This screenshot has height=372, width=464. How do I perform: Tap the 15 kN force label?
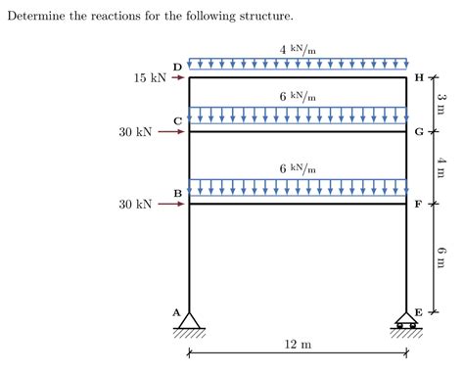click(x=150, y=77)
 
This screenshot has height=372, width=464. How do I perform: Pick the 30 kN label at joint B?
click(x=135, y=204)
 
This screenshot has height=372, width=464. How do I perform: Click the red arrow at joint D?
click(x=177, y=77)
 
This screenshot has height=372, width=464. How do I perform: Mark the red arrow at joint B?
click(x=172, y=204)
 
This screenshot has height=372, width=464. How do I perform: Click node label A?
click(x=177, y=312)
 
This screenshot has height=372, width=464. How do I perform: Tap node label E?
click(x=418, y=312)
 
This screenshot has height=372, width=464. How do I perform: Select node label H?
click(x=419, y=77)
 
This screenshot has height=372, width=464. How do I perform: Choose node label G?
click(x=419, y=132)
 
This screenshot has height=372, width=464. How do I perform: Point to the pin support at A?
click(x=189, y=321)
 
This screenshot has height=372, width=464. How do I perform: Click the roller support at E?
click(x=406, y=321)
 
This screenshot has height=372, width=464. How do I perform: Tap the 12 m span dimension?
click(x=298, y=345)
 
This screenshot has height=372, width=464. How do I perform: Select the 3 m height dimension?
click(x=441, y=104)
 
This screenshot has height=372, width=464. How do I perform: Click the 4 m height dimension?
click(x=441, y=167)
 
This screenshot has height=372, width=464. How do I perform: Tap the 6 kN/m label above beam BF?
click(x=298, y=168)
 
